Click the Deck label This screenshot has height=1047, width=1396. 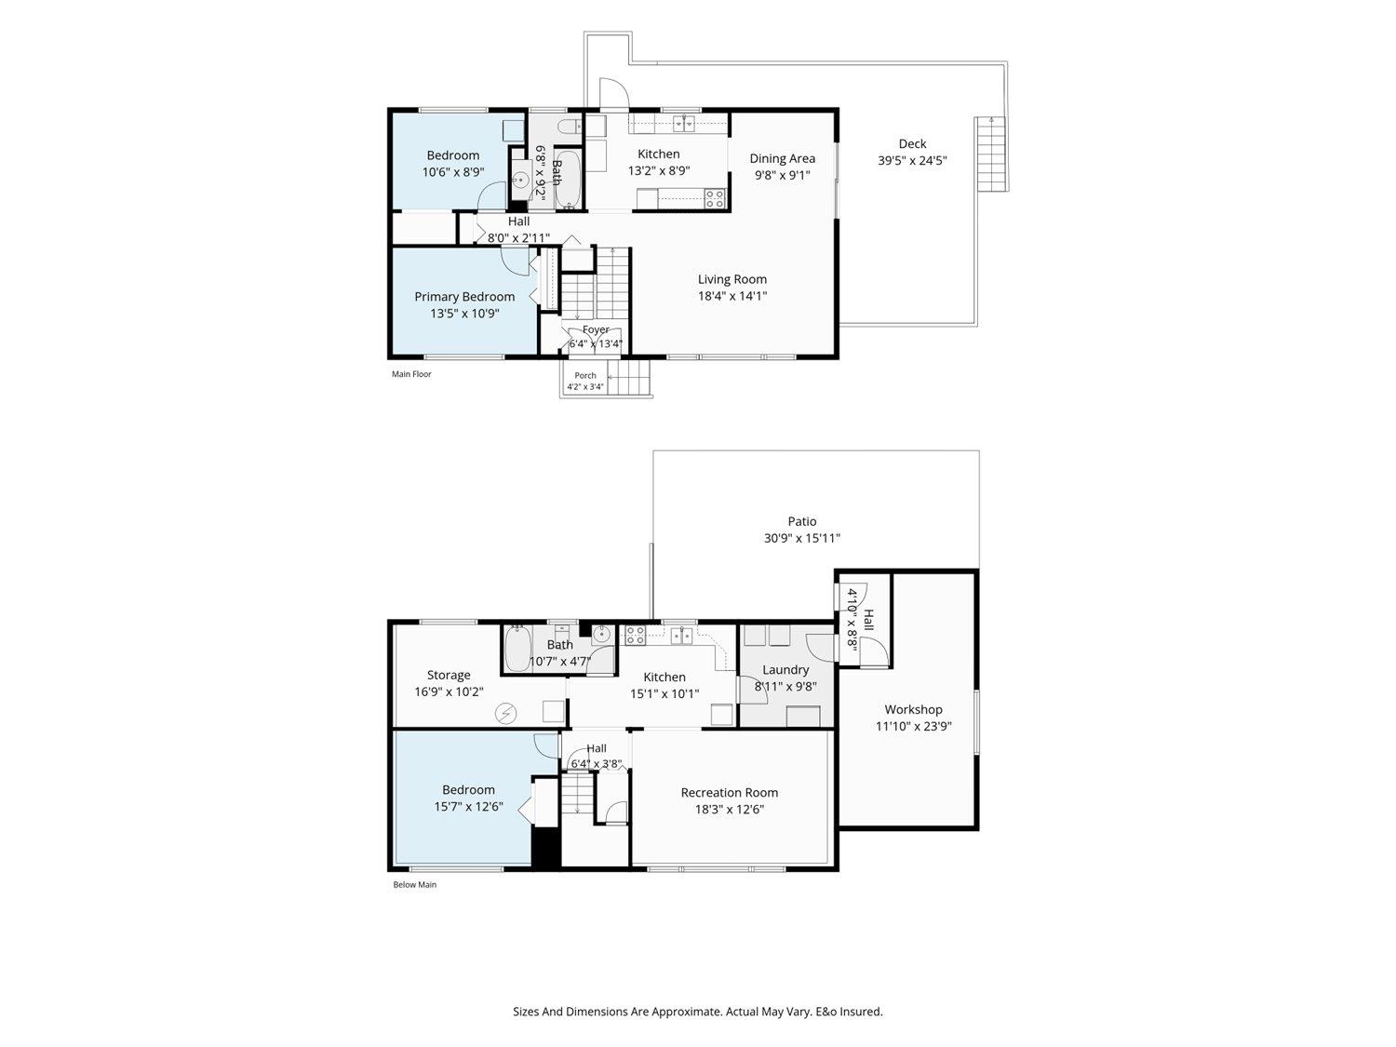pyautogui.click(x=912, y=144)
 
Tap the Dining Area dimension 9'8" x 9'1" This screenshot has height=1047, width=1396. pyautogui.click(x=782, y=175)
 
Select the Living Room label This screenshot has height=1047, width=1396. pyautogui.click(x=732, y=279)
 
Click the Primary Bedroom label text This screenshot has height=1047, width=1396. pyautogui.click(x=464, y=297)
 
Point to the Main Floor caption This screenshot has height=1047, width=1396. pyautogui.click(x=411, y=374)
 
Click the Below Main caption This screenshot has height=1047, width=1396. pyautogui.click(x=415, y=884)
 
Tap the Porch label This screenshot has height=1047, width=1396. pyautogui.click(x=585, y=376)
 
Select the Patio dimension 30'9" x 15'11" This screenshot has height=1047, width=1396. pyautogui.click(x=802, y=538)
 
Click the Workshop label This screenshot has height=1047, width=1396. pyautogui.click(x=913, y=709)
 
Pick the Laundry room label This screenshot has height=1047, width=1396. pyautogui.click(x=785, y=669)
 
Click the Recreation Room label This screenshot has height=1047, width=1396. pyautogui.click(x=730, y=793)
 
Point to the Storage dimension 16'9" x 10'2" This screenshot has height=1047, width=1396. pyautogui.click(x=449, y=691)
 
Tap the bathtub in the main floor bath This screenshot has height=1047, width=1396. pyautogui.click(x=568, y=180)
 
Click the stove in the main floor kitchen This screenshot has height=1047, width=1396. pyautogui.click(x=715, y=199)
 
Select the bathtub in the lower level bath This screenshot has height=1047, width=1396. pyautogui.click(x=517, y=649)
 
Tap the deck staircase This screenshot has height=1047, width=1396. pyautogui.click(x=991, y=154)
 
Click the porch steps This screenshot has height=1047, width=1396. pyautogui.click(x=628, y=377)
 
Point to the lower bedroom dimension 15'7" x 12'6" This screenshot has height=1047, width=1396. pyautogui.click(x=469, y=806)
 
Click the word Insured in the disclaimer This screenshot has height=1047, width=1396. pyautogui.click(x=861, y=1011)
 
